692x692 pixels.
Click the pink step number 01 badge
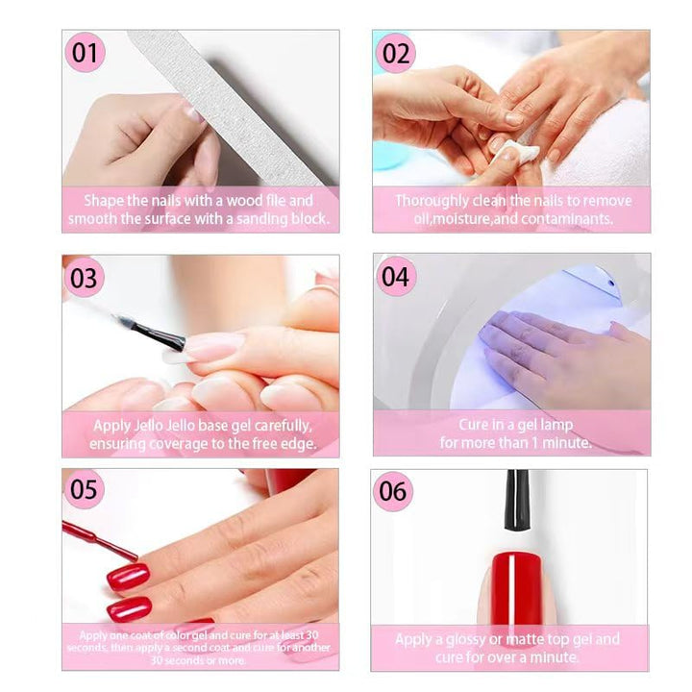pyautogui.click(x=86, y=53)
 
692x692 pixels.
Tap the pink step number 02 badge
pyautogui.click(x=396, y=53)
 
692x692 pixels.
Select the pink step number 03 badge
pyautogui.click(x=85, y=278)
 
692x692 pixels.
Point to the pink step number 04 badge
pyautogui.click(x=395, y=277)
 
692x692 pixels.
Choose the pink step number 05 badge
pyautogui.click(x=85, y=489)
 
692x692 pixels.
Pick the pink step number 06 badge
pyautogui.click(x=393, y=491)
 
